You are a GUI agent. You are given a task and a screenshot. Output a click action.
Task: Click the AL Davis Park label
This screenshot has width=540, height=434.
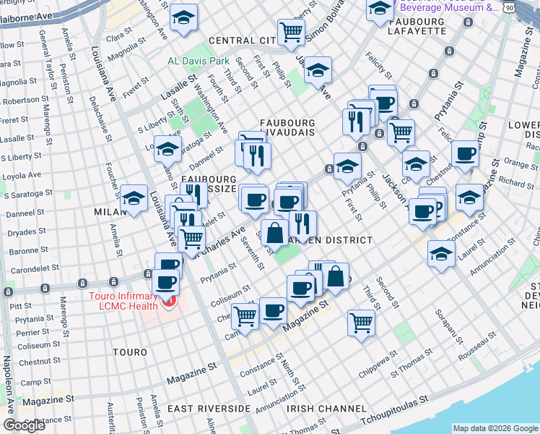tap(198, 61)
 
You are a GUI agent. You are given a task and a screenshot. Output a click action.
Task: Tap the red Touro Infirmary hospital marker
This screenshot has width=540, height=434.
tap(170, 299)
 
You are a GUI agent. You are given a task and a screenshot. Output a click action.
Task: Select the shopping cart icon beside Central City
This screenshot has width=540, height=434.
tap(291, 31)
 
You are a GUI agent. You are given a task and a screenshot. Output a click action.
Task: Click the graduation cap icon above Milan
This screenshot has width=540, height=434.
tap(134, 197)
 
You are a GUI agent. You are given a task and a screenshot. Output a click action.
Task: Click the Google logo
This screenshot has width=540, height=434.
tap(24, 425)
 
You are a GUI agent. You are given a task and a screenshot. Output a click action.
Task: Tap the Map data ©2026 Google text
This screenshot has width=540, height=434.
tap(495, 428)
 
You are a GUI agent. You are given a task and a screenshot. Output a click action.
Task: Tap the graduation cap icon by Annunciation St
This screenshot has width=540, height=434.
tap(442, 253)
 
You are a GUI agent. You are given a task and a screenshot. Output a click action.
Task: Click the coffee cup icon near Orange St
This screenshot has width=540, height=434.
tap(466, 153)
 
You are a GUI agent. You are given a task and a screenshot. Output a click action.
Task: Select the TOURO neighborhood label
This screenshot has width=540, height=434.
tap(130, 352)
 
